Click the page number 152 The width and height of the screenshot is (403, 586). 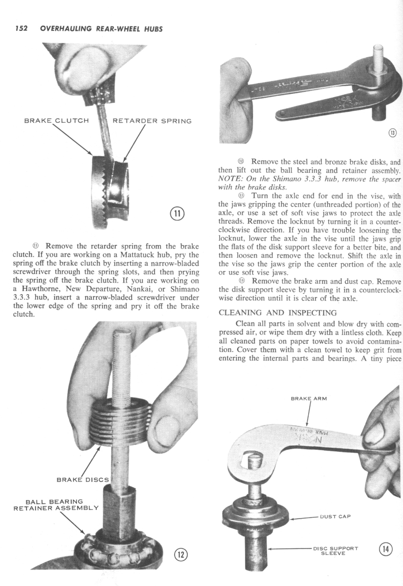[x=20, y=28]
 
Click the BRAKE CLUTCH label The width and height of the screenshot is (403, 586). [x=57, y=121]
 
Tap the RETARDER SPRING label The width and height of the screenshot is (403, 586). [x=152, y=121]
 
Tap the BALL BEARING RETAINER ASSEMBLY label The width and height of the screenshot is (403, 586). [x=56, y=504]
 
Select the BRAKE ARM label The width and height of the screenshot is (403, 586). [x=309, y=398]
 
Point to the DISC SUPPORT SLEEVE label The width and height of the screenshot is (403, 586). [x=336, y=550]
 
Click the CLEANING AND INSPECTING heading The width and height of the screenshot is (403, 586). [x=277, y=313]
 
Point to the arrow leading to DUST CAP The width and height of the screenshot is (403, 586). [x=303, y=517]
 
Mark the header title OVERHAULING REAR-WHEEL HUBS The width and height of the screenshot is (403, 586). [x=101, y=28]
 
